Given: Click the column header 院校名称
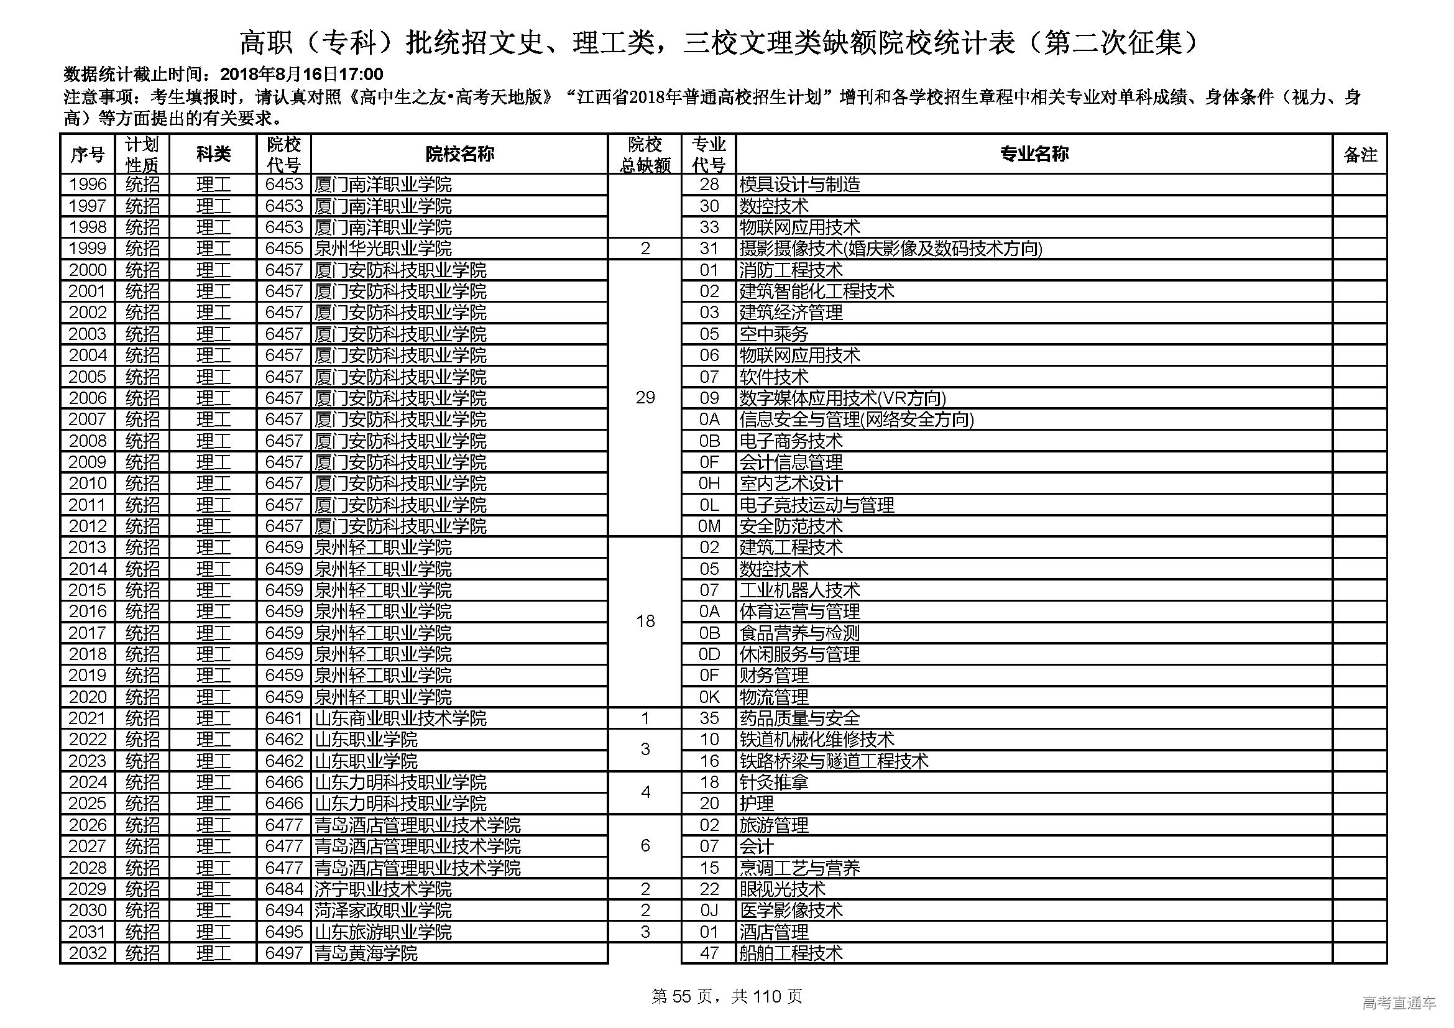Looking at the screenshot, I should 459,154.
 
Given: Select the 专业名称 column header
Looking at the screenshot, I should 1034,154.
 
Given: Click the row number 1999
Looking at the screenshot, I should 88,248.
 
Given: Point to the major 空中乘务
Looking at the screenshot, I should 774,334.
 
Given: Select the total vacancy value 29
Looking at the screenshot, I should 645,398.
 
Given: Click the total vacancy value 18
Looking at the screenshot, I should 645,621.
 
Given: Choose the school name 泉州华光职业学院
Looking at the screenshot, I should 383,248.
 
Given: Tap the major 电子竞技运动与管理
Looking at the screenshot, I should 817,505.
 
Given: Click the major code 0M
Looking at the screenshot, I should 709,526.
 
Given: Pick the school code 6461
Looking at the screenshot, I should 283,718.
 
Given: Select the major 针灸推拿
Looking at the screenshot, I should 774,782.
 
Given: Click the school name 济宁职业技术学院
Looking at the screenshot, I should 383,889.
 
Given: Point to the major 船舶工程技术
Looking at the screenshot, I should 791,953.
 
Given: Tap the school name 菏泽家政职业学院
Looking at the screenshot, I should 383,911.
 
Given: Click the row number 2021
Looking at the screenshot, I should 88,718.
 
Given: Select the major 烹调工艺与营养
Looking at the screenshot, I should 800,867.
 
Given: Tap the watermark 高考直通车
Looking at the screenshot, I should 1399,1002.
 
